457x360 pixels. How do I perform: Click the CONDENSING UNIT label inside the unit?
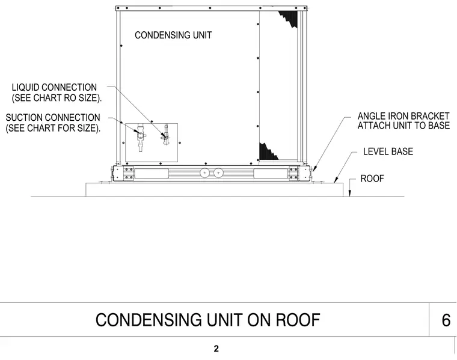(x=173, y=35)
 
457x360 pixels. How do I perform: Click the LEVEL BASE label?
(x=388, y=151)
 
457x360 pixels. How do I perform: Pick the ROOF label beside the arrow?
(x=372, y=178)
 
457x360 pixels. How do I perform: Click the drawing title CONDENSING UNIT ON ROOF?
(x=208, y=320)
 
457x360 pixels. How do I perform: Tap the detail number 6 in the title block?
(x=446, y=320)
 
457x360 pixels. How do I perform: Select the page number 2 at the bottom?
(x=216, y=349)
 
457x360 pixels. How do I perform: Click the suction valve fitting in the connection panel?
(x=141, y=138)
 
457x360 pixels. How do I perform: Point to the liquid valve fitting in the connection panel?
(x=166, y=135)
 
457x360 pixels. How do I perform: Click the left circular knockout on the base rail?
(x=204, y=173)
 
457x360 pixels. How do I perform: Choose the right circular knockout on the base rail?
(x=218, y=173)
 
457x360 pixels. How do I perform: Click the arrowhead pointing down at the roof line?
(x=350, y=194)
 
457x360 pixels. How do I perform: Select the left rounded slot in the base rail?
(x=152, y=173)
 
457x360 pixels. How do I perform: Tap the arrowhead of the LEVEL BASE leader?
(x=336, y=180)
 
